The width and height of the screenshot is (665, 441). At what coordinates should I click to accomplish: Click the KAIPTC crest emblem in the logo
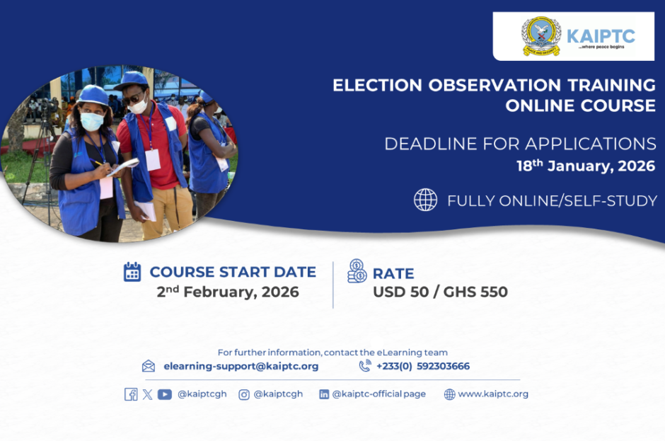coord(541,37)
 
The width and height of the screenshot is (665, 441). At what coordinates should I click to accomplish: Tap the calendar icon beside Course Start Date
coord(132,272)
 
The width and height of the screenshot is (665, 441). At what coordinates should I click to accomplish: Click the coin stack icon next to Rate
coord(357,271)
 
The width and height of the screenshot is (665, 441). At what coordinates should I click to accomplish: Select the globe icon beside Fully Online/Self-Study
coord(425,200)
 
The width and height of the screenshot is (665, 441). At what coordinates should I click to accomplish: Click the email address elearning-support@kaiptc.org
coord(241,366)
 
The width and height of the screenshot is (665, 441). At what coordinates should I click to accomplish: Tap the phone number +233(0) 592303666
coord(423,366)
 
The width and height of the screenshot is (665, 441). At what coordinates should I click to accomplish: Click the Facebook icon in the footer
coord(131,394)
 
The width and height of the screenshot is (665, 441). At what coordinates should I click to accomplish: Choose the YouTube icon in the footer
coord(165,395)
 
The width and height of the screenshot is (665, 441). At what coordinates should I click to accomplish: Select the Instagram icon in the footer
coord(244,395)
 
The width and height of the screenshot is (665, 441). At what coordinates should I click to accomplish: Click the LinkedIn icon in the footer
coord(323,395)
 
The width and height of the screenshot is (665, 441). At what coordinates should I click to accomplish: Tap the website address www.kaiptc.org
coord(493,394)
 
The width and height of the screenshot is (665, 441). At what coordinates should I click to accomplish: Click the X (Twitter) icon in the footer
coord(147,395)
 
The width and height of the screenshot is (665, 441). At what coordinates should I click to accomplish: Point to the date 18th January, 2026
coord(586,166)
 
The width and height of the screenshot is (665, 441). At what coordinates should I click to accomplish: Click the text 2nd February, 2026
coord(228,292)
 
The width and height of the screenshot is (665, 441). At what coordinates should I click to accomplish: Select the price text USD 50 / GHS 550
coord(440,292)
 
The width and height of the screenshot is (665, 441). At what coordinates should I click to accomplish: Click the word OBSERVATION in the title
coord(495,86)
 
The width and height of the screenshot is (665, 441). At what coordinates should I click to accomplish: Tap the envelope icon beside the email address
coord(149,366)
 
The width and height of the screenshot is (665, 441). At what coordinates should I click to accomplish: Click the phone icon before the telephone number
coord(365,365)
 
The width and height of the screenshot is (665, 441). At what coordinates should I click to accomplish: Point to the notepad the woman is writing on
coord(123,166)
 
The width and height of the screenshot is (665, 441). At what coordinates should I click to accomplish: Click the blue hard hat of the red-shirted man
coord(132,80)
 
